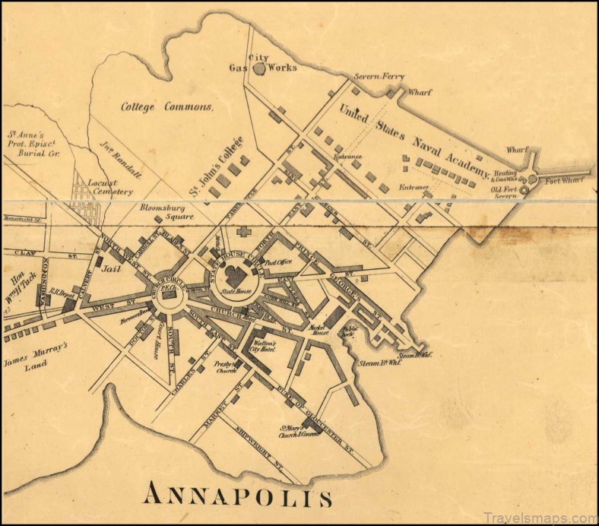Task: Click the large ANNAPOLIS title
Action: tap(238, 496)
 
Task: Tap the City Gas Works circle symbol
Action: tap(259, 68)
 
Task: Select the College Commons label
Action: tap(167, 107)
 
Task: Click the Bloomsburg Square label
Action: tap(166, 211)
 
